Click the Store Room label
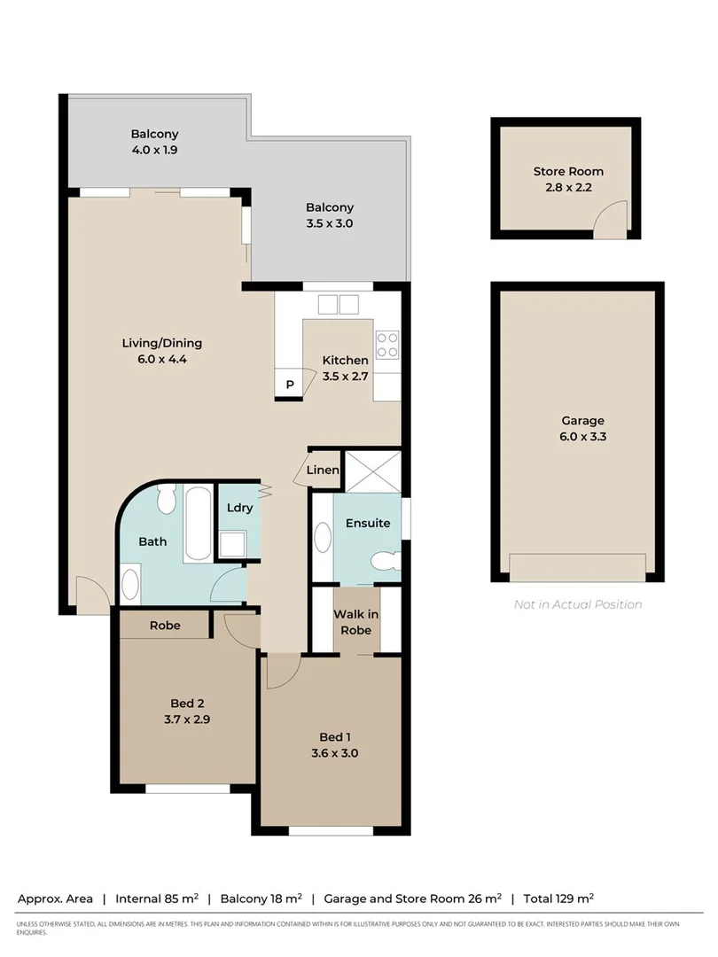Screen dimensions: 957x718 coord(567,171)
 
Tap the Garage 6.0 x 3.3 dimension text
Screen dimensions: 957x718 coord(582,436)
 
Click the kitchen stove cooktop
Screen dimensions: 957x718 coord(386,344)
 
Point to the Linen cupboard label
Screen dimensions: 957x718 coord(323,470)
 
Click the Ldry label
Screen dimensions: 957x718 coord(239,508)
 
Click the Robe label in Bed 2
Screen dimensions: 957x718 coord(165,626)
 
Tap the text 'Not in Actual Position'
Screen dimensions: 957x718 coord(578,604)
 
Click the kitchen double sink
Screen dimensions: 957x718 coord(338,304)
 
